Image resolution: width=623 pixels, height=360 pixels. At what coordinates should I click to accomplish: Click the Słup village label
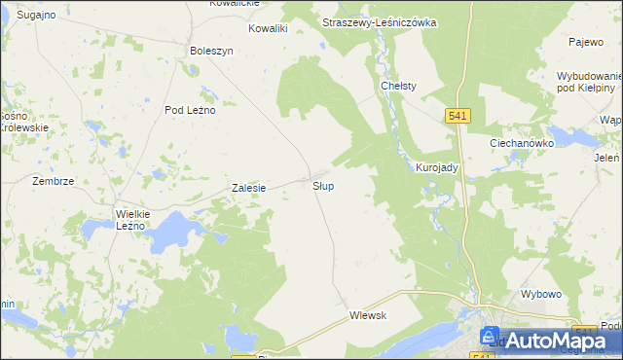point(324,185)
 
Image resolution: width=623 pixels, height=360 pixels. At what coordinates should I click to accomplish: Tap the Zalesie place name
point(248,188)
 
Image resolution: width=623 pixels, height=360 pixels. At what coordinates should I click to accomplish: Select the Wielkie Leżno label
point(129,219)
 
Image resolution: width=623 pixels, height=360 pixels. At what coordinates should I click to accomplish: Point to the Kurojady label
point(437,167)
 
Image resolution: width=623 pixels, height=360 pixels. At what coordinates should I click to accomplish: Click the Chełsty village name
point(398,86)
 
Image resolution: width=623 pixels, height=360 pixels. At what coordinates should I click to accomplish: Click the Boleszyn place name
point(212,51)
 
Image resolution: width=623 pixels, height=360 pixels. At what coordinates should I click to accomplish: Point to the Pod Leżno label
point(190,110)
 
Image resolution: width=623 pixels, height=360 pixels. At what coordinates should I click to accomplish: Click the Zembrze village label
point(54,181)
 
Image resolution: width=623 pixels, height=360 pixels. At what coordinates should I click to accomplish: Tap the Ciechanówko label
point(522,142)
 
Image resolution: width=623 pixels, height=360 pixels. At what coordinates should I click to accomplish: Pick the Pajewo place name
point(587,43)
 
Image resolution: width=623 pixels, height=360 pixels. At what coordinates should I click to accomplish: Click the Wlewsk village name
point(369,315)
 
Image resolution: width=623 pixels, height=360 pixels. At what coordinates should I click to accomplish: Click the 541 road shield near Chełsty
point(460,116)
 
